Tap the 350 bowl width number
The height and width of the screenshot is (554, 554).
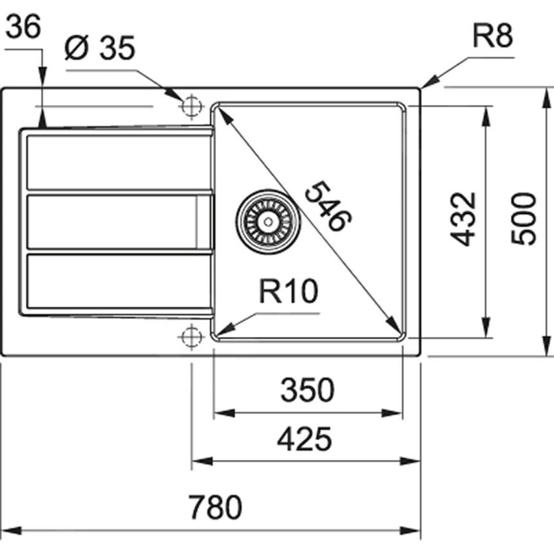tap(307, 390)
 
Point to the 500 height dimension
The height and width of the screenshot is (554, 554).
tap(523, 218)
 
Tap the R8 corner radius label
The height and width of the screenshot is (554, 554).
tap(492, 38)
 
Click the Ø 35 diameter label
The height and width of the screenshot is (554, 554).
tap(100, 49)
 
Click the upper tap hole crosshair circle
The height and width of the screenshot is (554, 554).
tap(191, 106)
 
